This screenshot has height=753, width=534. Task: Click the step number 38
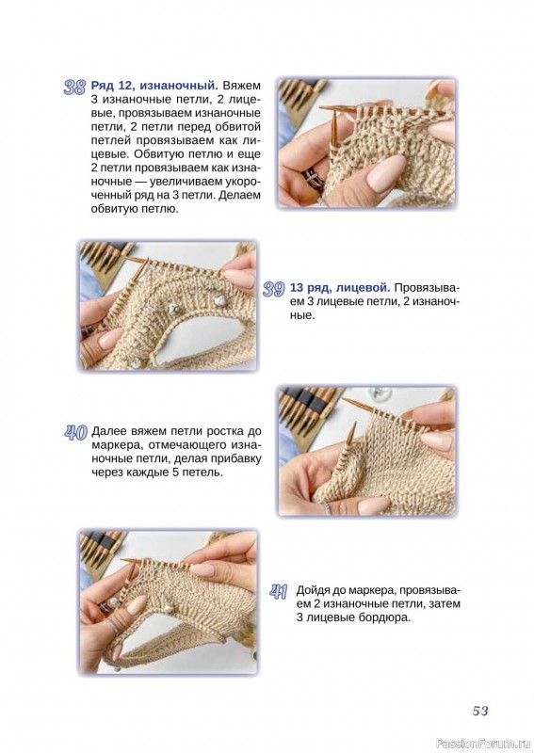[x=74, y=87]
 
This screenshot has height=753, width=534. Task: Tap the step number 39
[x=274, y=289]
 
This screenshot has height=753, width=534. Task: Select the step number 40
[x=75, y=432]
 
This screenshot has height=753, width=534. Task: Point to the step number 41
[x=278, y=592]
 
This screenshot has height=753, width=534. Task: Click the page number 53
[x=480, y=711]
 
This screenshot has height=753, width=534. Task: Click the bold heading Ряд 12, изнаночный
[x=154, y=86]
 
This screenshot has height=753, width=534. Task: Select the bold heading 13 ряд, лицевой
[x=340, y=288]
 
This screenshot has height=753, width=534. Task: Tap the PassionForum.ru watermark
[x=483, y=744]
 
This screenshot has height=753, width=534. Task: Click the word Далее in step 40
[x=107, y=431]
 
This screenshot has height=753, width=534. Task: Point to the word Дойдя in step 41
[x=314, y=590]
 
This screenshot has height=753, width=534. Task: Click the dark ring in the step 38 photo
[x=311, y=178]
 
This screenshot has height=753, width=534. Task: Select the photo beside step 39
[x=168, y=305]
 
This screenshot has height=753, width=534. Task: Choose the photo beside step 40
[x=366, y=452]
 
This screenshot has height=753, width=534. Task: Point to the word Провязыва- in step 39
[x=427, y=288]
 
